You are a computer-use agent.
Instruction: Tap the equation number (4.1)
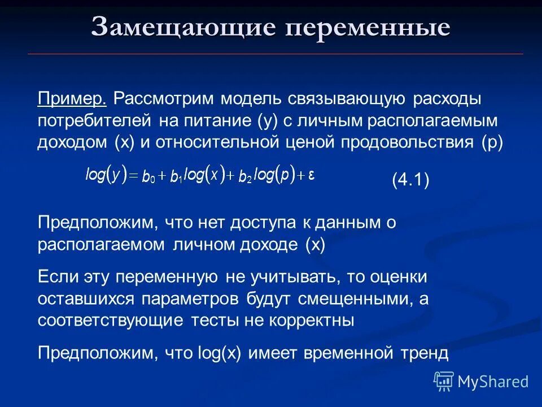pos(410,181)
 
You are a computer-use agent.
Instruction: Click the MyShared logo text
pos(493,382)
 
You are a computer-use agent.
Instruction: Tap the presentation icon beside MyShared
pos(444,382)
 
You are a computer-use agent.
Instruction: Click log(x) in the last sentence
pos(219,353)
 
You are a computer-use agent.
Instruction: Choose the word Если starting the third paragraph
pos(56,277)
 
